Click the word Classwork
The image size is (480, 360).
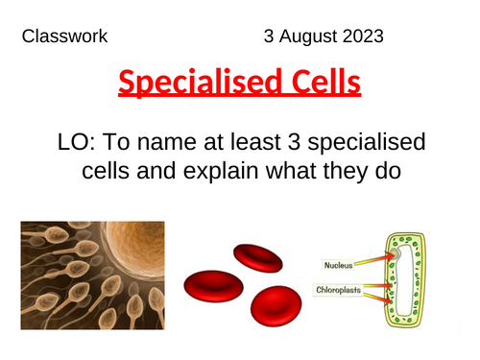pos(63,37)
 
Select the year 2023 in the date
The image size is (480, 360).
pos(362,37)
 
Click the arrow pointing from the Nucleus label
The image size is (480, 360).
pos(374,258)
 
